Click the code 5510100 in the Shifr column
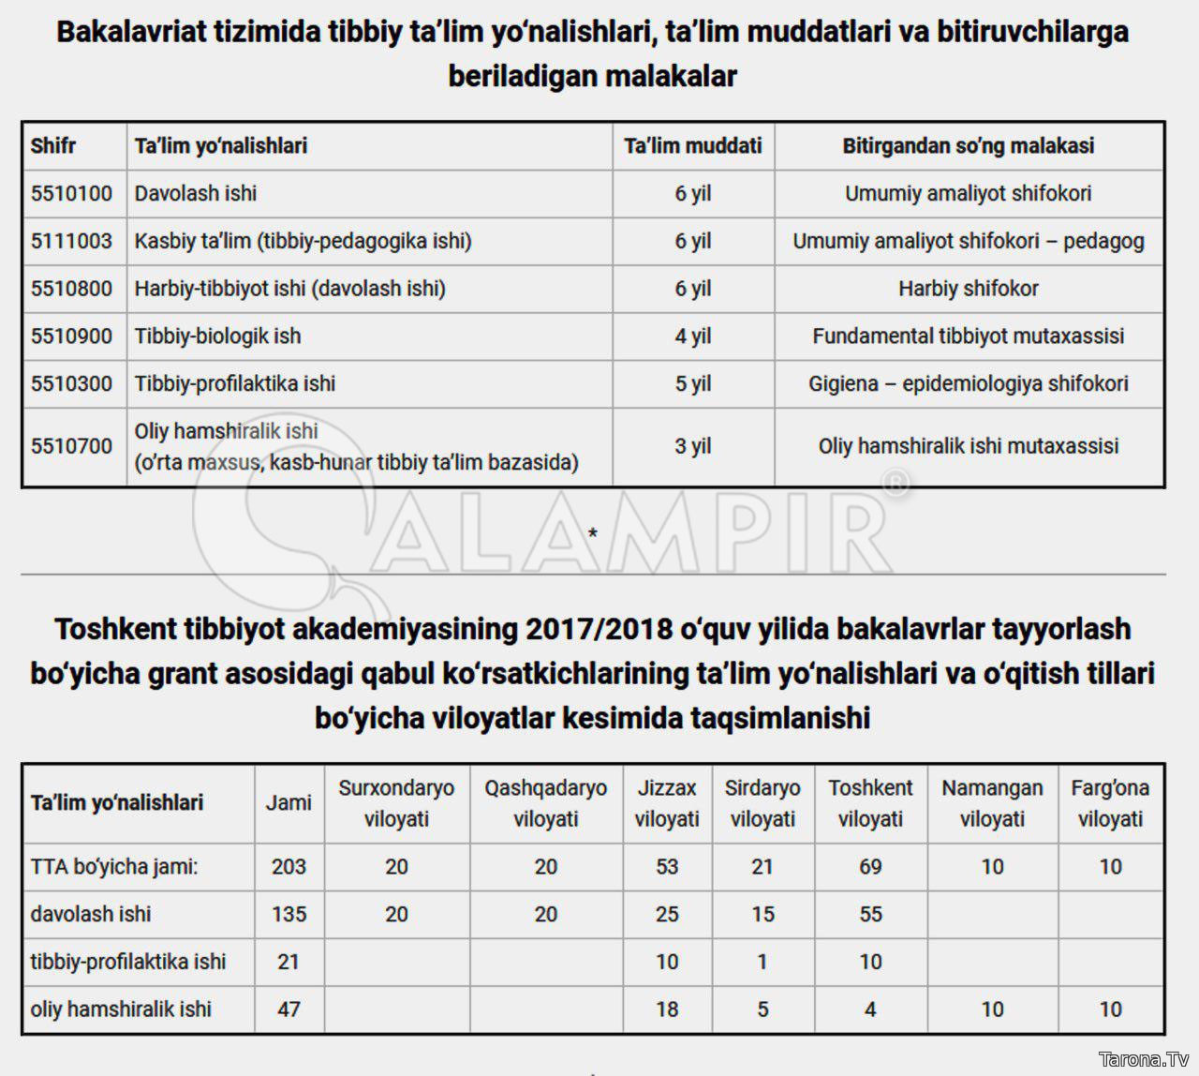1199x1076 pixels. [x=71, y=194]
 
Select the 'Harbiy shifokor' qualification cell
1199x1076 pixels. [x=968, y=289]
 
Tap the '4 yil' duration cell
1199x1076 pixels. [x=693, y=336]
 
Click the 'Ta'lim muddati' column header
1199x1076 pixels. [x=693, y=146]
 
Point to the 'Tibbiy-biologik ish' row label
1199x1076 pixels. [x=217, y=336]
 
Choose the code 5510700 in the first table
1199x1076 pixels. [x=71, y=446]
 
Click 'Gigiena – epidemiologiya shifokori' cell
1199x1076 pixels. [x=968, y=384]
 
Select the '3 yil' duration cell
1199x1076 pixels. [x=693, y=446]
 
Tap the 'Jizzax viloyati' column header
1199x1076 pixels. [x=667, y=803]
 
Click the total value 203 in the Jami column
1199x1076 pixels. [x=289, y=867]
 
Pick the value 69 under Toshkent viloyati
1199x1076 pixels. [x=870, y=867]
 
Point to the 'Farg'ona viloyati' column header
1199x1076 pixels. [x=1110, y=803]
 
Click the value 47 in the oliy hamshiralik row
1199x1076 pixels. [x=289, y=1009]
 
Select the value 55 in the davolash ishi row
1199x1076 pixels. [x=870, y=915]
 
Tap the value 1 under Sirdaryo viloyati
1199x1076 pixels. [x=762, y=963]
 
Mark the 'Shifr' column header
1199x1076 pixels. [x=52, y=146]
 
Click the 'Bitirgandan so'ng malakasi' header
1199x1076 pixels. [x=968, y=146]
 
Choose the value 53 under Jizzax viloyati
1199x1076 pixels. [x=667, y=867]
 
